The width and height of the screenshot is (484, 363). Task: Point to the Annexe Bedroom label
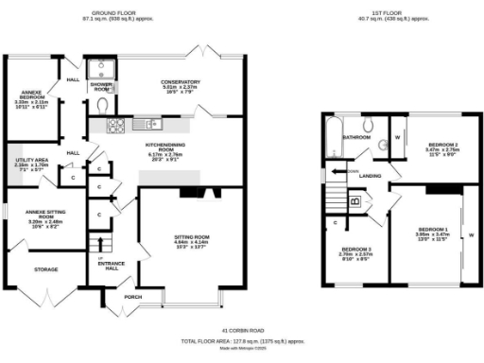(34, 98)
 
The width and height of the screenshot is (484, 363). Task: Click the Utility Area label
(32, 164)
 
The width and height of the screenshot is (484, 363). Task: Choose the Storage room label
(45, 270)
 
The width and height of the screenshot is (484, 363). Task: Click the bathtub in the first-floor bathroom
(330, 138)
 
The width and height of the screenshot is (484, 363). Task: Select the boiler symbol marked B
(354, 201)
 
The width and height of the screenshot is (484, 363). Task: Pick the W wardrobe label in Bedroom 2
(398, 137)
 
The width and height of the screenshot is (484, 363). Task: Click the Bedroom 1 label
(433, 233)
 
